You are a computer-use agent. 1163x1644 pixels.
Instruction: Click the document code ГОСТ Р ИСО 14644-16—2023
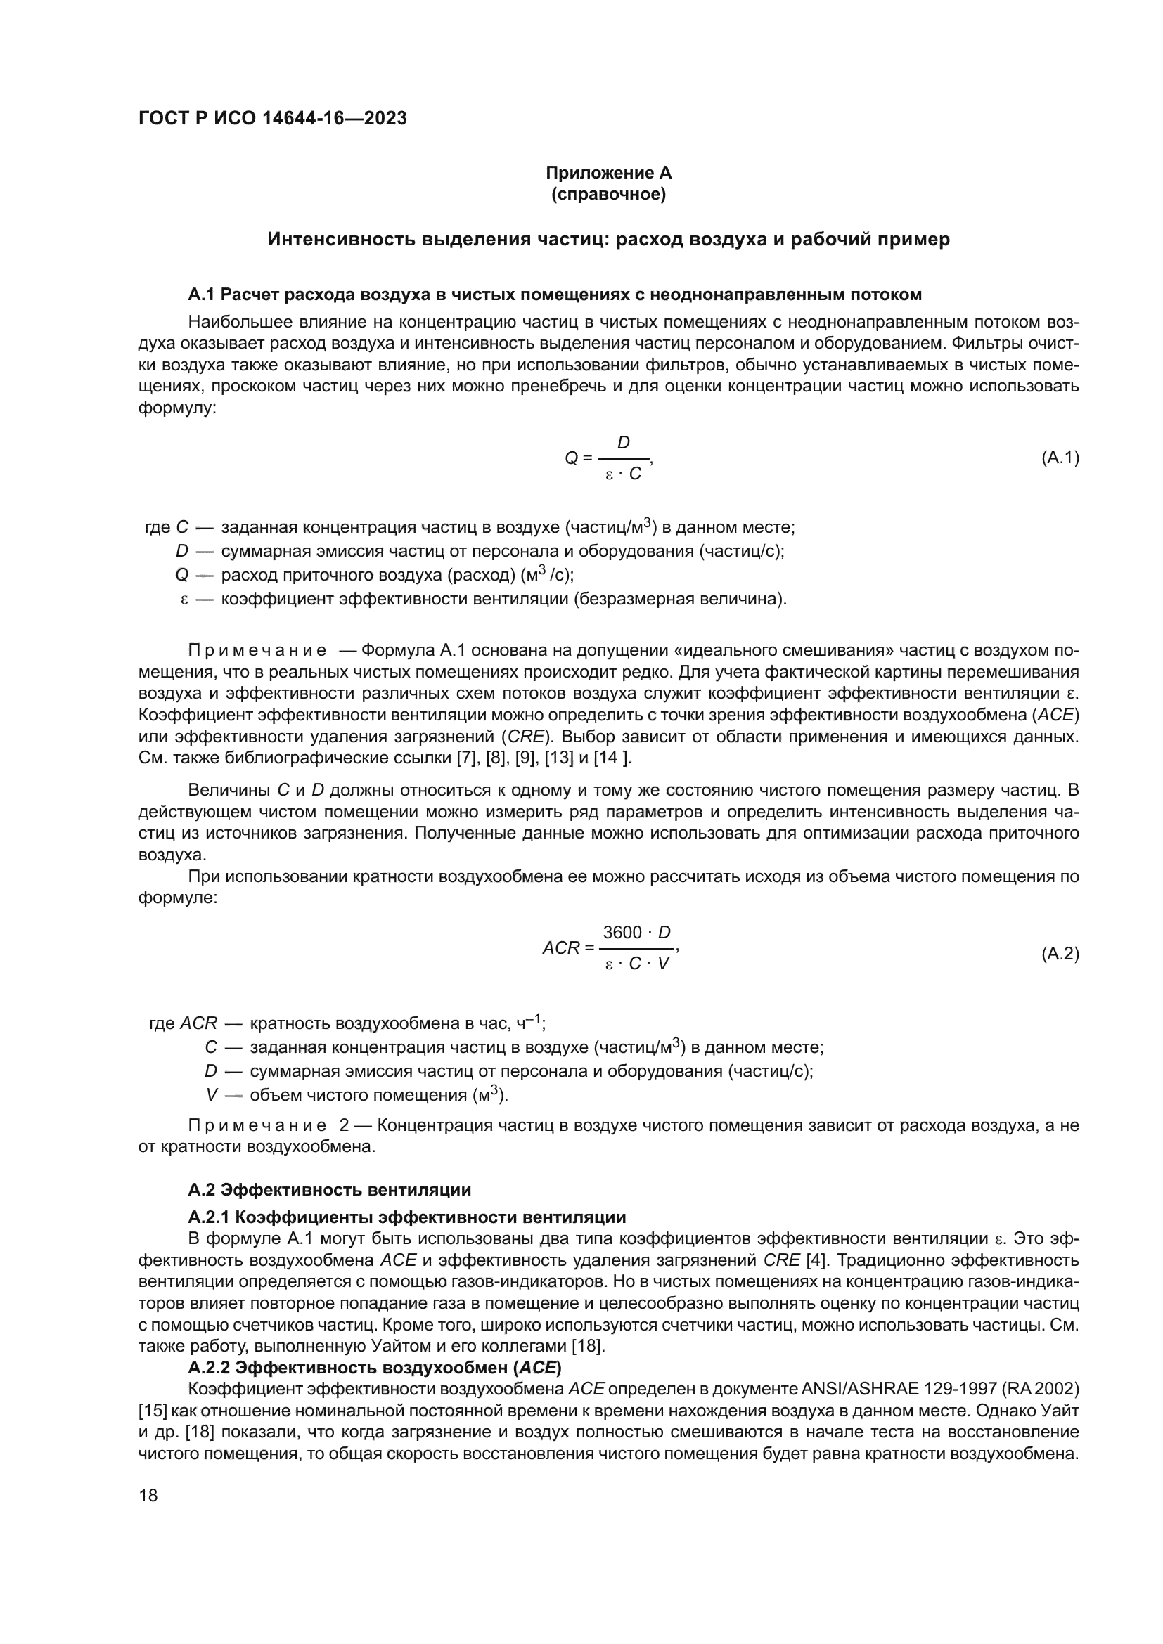click(272, 118)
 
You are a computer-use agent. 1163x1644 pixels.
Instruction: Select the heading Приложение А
click(608, 173)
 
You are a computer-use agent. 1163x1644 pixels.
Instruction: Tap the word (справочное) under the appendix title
click(608, 194)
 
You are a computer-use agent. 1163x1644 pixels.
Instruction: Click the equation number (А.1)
click(1059, 458)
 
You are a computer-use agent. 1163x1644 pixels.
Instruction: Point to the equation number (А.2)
click(1059, 954)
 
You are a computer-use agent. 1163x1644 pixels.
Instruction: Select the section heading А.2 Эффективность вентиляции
click(329, 1190)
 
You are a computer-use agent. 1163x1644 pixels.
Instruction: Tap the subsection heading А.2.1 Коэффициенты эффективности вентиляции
click(406, 1217)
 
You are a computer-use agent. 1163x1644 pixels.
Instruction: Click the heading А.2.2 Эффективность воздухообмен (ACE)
click(375, 1368)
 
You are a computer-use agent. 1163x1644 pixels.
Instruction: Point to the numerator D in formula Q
click(624, 444)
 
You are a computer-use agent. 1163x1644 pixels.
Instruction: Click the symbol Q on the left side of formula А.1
click(572, 458)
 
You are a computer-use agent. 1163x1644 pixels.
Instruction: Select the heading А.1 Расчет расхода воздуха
click(554, 295)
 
